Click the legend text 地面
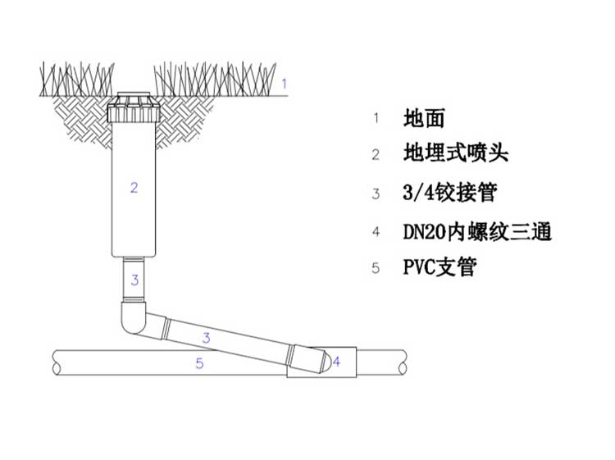[424, 118]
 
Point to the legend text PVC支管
[440, 267]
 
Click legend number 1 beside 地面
[376, 118]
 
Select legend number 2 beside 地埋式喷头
[376, 155]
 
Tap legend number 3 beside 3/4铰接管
[376, 194]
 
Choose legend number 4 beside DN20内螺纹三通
[376, 232]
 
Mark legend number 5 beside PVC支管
[376, 268]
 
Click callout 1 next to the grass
[284, 83]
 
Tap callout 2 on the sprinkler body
[134, 188]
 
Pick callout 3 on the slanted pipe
[207, 337]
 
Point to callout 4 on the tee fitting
[335, 361]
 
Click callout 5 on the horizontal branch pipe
[199, 364]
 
